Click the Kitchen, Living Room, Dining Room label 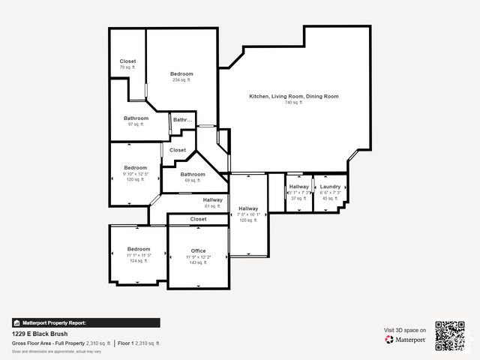294,96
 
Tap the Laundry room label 330,187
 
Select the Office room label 198,250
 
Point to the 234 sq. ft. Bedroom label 181,73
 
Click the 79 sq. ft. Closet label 127,61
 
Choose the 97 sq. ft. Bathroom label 136,118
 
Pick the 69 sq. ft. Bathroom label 192,174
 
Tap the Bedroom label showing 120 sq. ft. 136,167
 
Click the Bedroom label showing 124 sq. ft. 139,249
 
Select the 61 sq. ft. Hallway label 213,200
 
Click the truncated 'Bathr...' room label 183,120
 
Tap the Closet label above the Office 198,219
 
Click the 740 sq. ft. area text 294,103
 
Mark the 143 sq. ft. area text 198,263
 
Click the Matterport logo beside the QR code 406,340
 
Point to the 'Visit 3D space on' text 405,330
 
